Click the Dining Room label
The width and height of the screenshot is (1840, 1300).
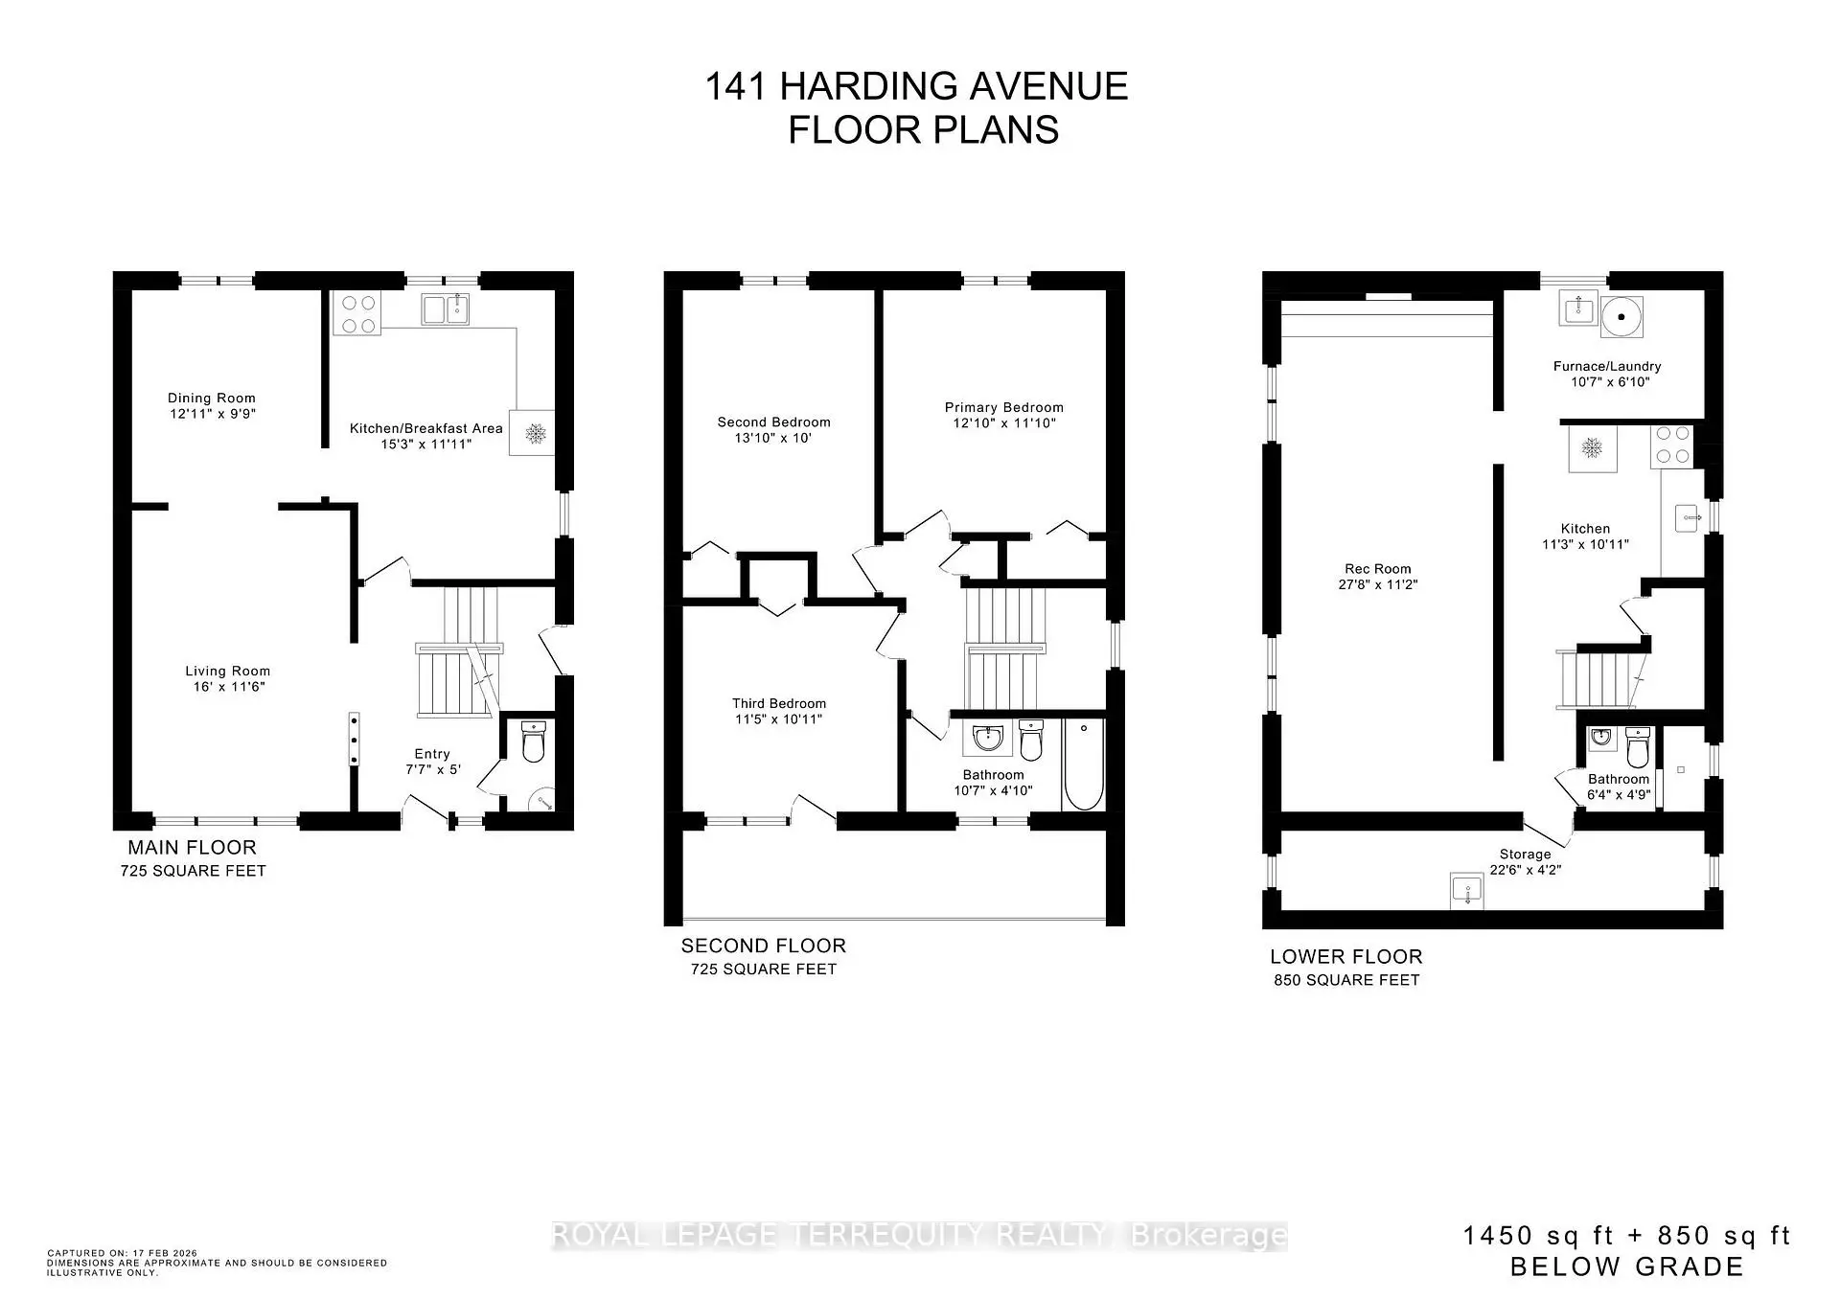(211, 398)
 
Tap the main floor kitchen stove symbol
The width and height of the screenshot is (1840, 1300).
(356, 314)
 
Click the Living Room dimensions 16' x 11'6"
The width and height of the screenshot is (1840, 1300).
(228, 687)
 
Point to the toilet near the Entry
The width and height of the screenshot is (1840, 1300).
(533, 741)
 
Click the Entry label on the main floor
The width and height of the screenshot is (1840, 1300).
(432, 754)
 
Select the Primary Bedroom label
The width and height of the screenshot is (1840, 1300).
(1003, 407)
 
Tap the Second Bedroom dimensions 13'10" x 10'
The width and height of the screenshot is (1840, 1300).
(773, 438)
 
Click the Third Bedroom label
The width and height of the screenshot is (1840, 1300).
(778, 703)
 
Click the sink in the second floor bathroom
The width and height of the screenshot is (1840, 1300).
(986, 739)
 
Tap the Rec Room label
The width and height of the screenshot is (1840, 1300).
(1377, 568)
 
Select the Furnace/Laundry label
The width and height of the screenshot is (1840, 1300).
(1606, 366)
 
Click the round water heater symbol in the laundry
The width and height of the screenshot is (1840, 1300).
(1622, 316)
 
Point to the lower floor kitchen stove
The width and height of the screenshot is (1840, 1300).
(1672, 447)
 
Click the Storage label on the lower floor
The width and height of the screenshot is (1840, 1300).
(1525, 854)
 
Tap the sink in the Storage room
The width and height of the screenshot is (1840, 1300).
(1466, 891)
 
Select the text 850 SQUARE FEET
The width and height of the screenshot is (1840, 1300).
(1345, 980)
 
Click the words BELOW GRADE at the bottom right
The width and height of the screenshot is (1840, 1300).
(1626, 1266)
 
